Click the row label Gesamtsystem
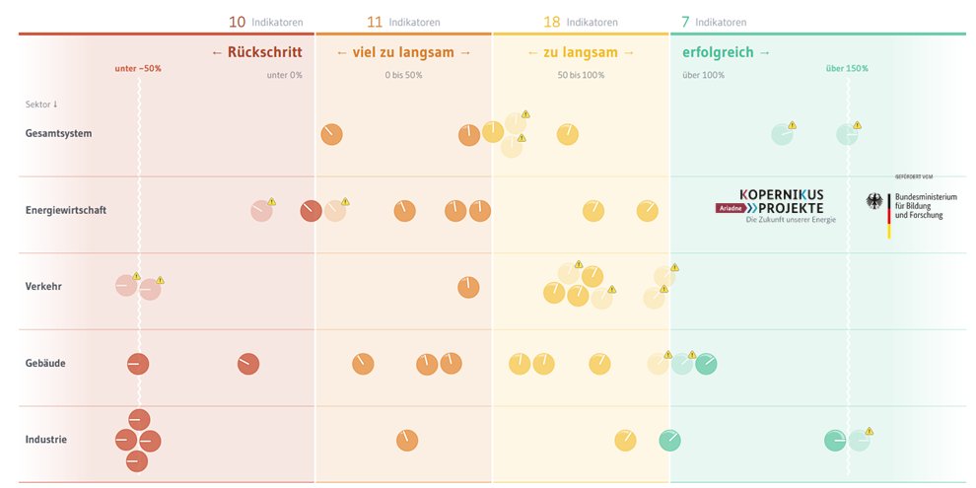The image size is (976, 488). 58,133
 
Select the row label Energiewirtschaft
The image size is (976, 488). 66,210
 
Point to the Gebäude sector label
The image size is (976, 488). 45,363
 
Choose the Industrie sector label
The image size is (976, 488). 46,440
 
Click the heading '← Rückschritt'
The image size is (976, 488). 256,52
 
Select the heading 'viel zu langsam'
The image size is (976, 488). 403,52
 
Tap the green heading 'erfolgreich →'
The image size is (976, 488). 727,52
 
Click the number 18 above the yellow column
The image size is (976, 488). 552,22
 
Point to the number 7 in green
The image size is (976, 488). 685,22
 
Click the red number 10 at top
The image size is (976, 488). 237,22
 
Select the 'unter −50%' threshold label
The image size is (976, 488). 138,69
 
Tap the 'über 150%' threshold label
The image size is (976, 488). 847,69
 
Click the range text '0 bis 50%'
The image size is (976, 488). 403,75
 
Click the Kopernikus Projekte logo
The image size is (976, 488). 781,202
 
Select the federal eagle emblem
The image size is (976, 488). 873,202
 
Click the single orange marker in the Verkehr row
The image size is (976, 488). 468,287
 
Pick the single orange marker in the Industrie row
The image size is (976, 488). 407,440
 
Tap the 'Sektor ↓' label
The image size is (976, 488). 41,105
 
